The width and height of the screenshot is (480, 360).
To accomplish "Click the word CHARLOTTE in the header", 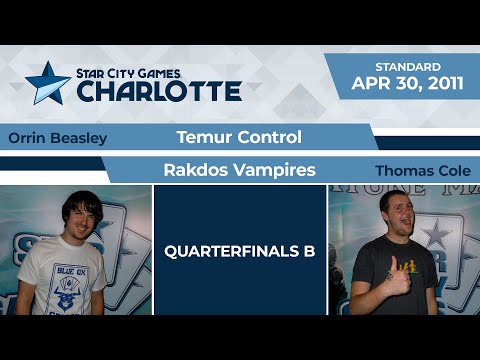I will pos(160,91).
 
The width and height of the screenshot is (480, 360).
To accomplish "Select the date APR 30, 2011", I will pos(407,84).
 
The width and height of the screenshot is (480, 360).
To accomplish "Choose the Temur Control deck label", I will pos(239,137).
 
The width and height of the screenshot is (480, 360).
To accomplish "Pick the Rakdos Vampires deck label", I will pos(239,170).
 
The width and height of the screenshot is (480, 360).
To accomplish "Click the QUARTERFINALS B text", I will pos(240,250).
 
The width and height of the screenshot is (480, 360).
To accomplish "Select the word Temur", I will pos(205,137).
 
